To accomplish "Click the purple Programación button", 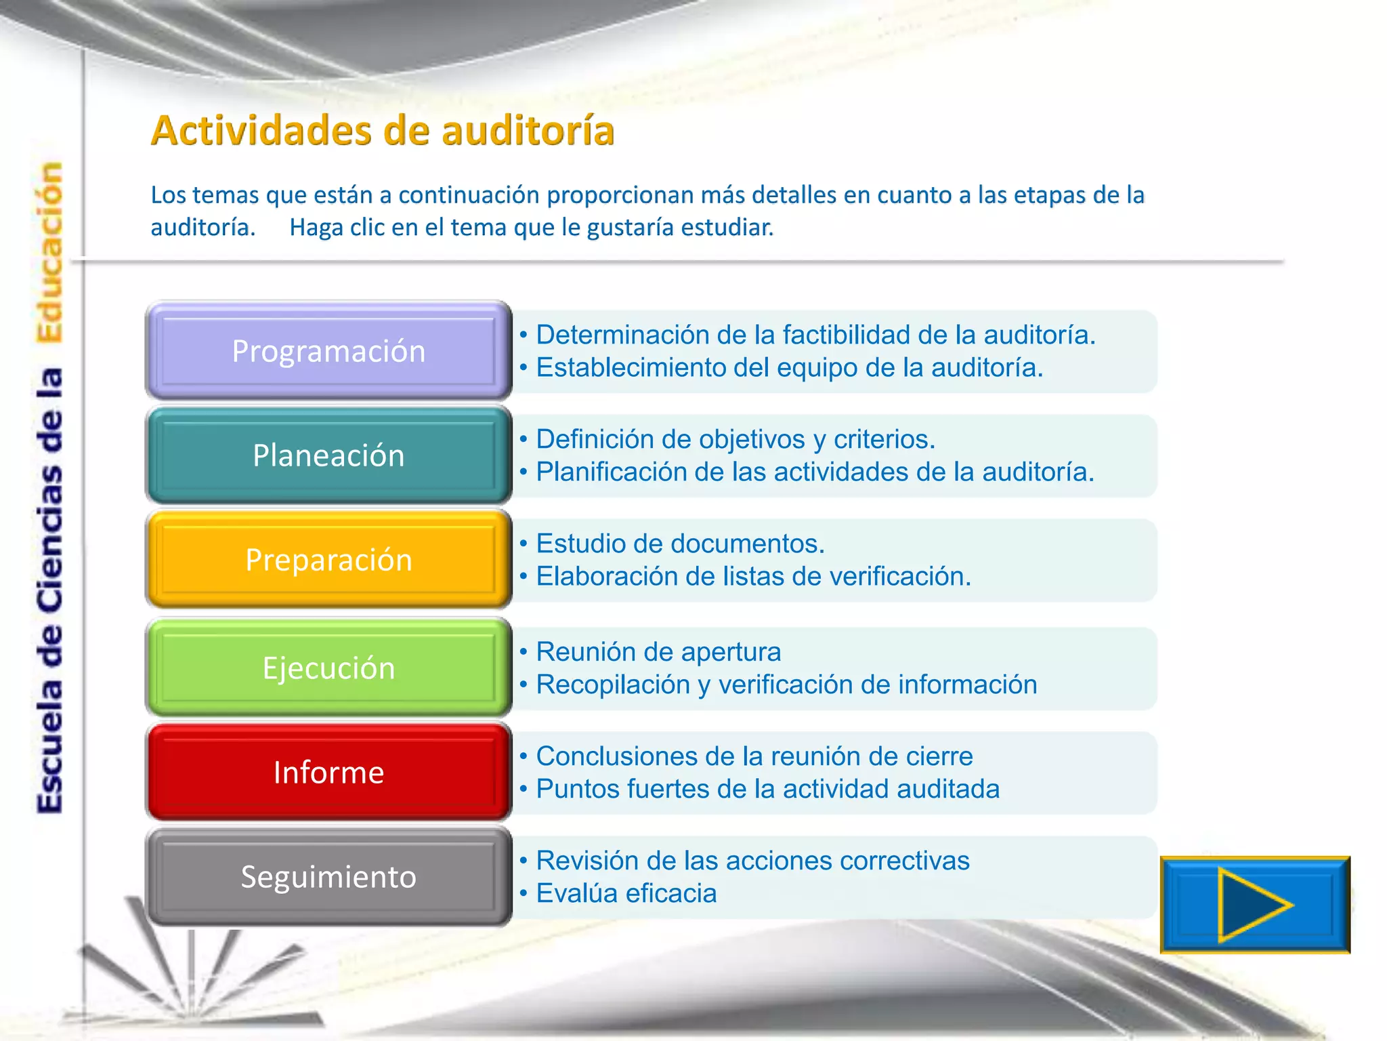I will coord(328,351).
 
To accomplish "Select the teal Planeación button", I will coord(328,455).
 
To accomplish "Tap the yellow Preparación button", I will coord(328,560).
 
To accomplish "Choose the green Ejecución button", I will coord(328,668).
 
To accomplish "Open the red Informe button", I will coord(328,773).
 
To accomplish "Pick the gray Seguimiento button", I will coord(328,877).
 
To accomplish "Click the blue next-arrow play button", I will coord(1254,905).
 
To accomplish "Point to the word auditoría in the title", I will coord(528,130).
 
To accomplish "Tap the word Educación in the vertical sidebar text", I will coord(50,252).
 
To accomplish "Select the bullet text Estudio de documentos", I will coord(680,544).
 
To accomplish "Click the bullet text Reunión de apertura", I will coord(658,652).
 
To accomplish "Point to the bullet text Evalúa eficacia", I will coord(626,893).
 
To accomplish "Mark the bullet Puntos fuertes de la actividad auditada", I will coord(767,789).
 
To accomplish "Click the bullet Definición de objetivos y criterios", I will coord(735,439).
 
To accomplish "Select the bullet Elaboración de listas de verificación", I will coord(753,576).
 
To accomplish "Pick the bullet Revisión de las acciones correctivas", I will coord(752,861).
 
